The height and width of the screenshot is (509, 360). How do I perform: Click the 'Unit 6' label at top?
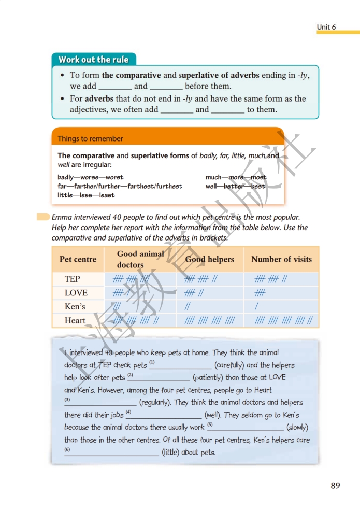(326, 27)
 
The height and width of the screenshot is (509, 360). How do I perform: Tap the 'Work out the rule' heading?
(93, 60)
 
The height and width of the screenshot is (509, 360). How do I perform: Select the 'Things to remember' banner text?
(90, 138)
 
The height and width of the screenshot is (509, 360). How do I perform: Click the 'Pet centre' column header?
(78, 259)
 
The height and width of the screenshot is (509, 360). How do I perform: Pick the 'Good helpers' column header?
(209, 259)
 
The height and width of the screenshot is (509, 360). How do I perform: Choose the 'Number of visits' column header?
(281, 259)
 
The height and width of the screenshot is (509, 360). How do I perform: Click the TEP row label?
(73, 279)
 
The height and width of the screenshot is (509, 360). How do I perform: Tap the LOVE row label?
(76, 293)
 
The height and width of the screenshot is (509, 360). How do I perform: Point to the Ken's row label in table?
(75, 306)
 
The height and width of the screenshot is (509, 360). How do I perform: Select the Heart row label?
(75, 320)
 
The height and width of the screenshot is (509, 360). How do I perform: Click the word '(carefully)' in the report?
(228, 365)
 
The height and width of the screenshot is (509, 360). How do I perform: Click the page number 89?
(335, 486)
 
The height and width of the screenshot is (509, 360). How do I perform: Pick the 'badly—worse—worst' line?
(91, 177)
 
